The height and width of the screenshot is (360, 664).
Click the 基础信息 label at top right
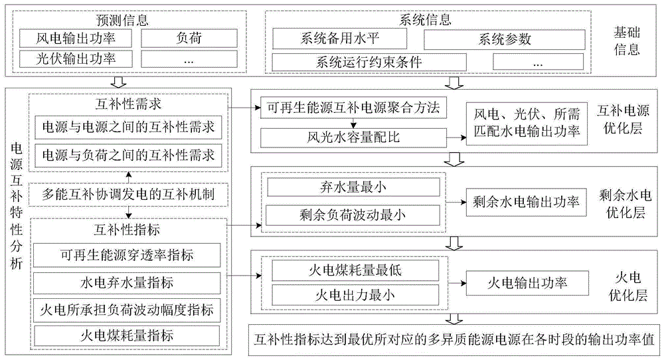point(626,39)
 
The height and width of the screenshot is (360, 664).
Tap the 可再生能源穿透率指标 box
point(128,256)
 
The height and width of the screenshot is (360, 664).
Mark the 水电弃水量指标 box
point(128,282)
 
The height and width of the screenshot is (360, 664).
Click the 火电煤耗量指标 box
point(128,334)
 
